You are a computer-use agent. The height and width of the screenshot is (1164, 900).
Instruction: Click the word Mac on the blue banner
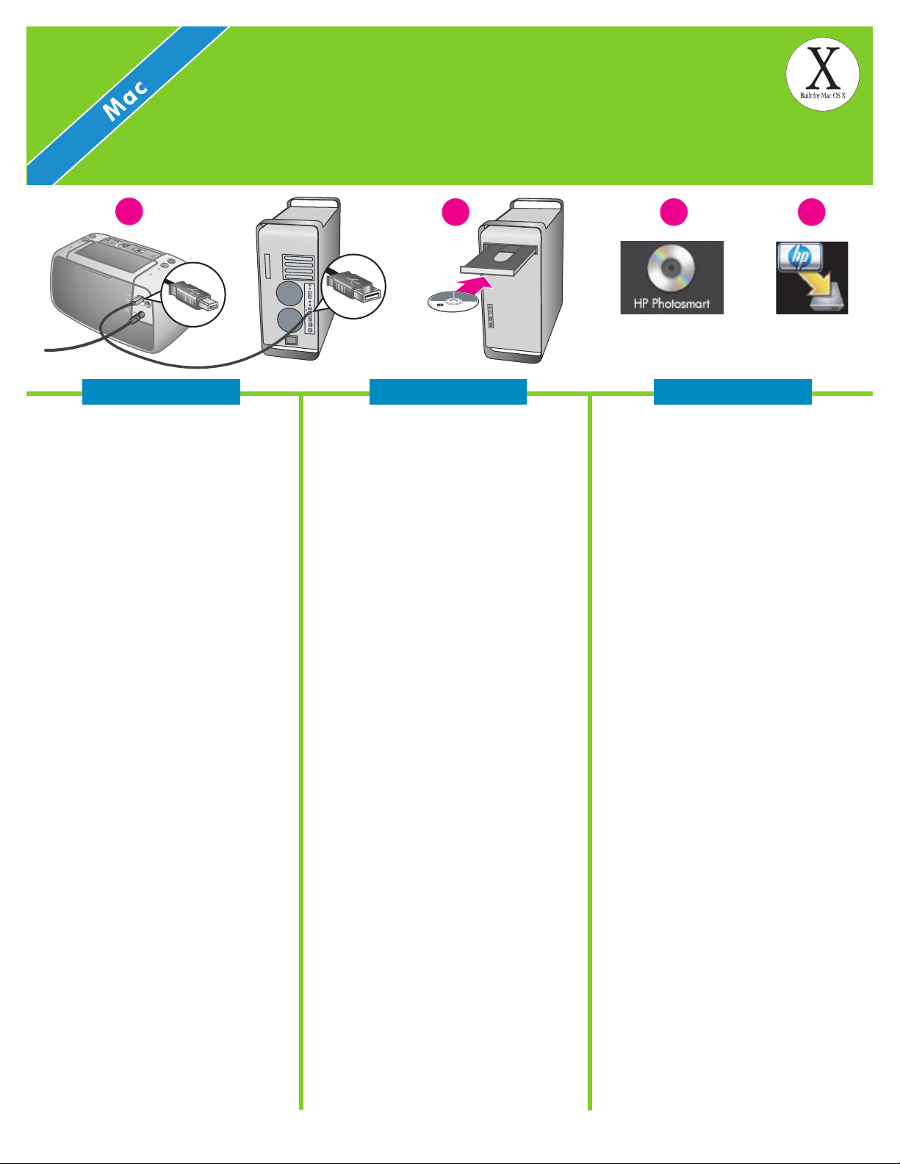coord(126,99)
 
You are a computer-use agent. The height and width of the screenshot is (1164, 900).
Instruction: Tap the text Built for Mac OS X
coord(823,96)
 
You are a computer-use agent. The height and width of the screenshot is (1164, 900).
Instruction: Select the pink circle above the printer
coord(129,212)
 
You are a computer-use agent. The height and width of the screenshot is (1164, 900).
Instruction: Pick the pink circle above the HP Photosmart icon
coord(673,212)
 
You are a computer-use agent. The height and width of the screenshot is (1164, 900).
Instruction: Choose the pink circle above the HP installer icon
coord(811,212)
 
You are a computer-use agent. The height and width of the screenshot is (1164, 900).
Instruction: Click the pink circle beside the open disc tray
coord(454,212)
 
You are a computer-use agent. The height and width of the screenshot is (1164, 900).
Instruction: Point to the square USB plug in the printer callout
coord(192,294)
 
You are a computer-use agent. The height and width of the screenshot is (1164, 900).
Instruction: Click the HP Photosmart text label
coord(672,303)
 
